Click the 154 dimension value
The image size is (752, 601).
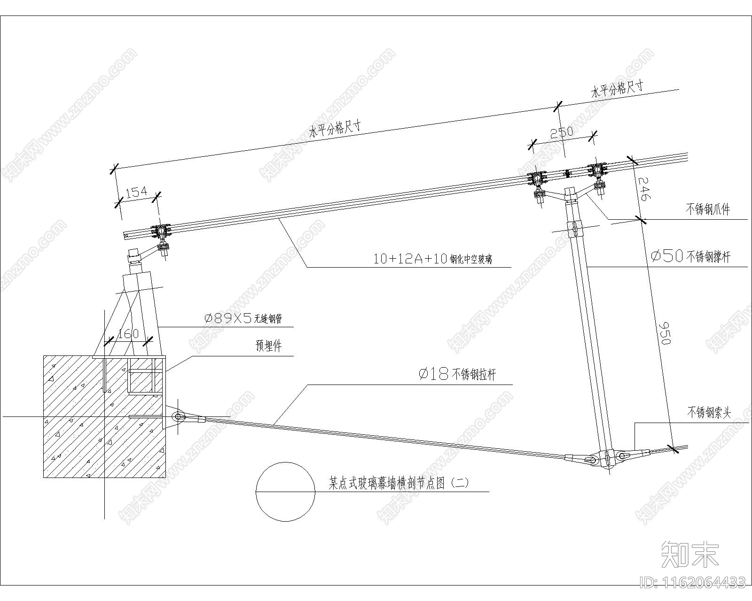click(137, 192)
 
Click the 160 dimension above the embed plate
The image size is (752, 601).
click(128, 334)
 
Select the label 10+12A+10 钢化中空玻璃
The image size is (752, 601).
click(432, 259)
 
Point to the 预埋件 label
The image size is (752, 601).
click(268, 347)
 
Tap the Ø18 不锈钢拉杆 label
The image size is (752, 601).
click(457, 374)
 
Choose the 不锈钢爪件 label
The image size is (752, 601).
click(708, 209)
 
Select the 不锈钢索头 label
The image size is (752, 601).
click(710, 413)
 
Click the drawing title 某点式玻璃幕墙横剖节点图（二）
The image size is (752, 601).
click(399, 483)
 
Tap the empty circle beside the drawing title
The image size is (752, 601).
click(285, 492)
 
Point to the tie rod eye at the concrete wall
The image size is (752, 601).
click(178, 416)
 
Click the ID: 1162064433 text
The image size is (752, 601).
click(693, 583)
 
